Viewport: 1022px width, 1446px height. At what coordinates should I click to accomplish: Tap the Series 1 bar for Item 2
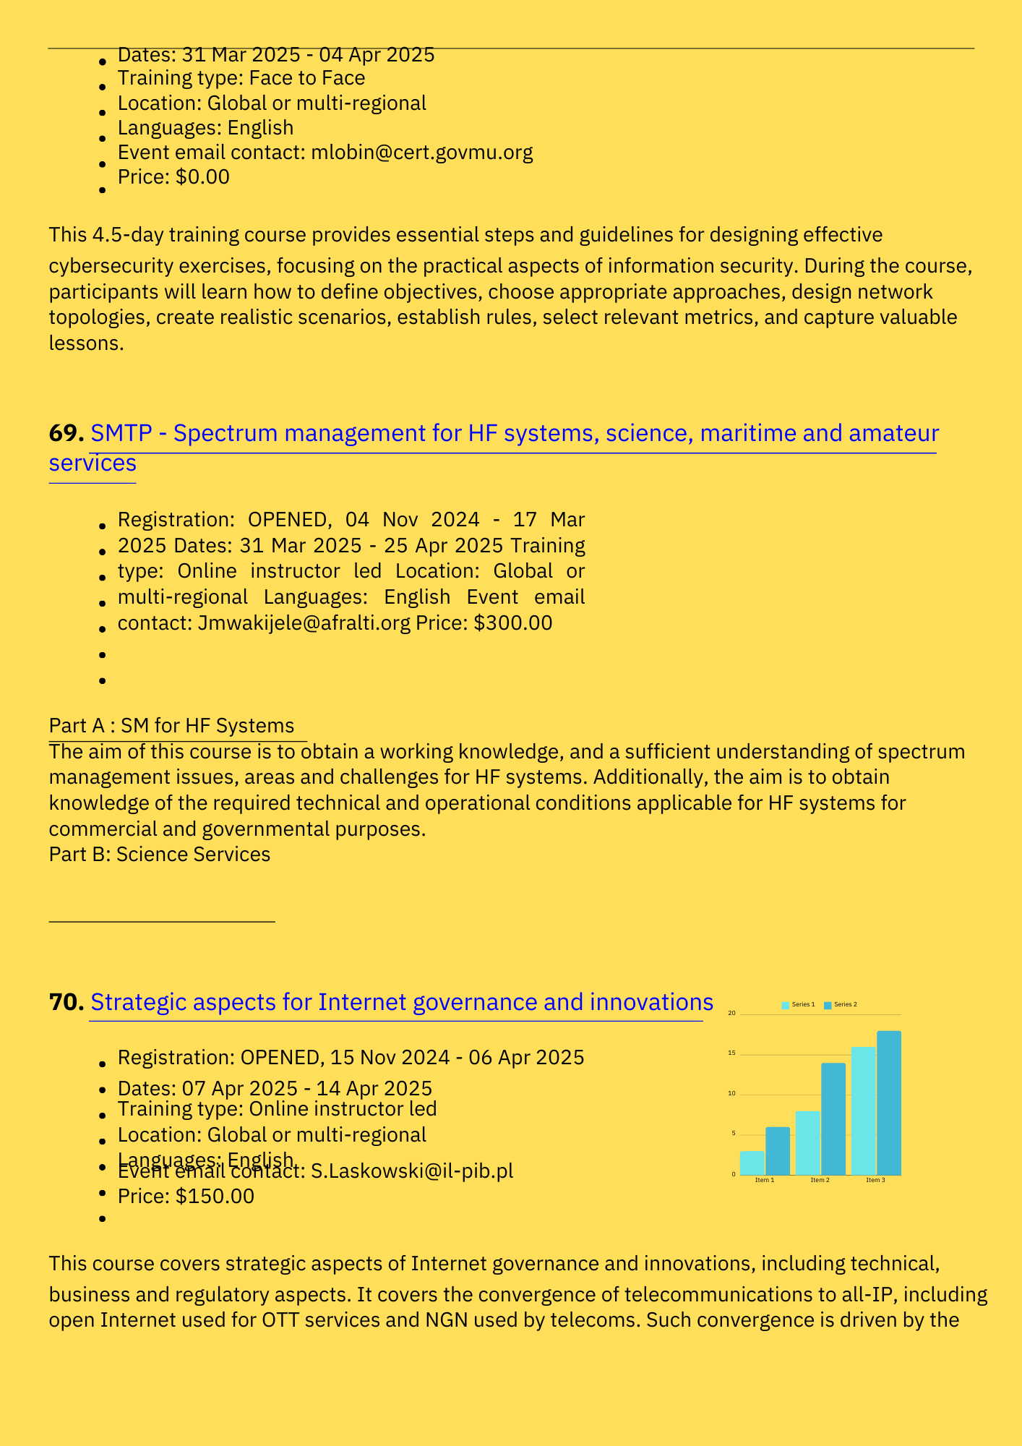(x=807, y=1142)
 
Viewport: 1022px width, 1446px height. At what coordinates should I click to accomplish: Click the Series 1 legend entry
(x=799, y=1005)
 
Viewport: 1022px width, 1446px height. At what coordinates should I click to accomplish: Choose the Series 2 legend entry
(x=841, y=1005)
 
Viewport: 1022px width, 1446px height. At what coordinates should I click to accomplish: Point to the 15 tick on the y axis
(x=731, y=1053)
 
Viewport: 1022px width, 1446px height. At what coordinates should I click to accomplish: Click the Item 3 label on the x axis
(x=875, y=1180)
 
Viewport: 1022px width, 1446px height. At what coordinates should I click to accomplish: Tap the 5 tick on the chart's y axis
(x=733, y=1134)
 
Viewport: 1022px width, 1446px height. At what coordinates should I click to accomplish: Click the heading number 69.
(x=66, y=434)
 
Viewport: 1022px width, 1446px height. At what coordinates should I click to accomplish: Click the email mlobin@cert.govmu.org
(x=422, y=153)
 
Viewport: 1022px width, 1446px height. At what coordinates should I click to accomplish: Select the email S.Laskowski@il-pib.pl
(x=412, y=1171)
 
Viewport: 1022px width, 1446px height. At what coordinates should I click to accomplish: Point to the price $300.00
(x=513, y=623)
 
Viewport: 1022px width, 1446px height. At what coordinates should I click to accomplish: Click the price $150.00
(x=215, y=1196)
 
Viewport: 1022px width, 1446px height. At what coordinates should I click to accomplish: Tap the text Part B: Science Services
(x=160, y=855)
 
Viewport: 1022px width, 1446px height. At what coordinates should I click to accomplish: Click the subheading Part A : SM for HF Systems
(x=171, y=725)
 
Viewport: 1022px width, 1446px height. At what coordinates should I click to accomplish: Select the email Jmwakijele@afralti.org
(x=304, y=623)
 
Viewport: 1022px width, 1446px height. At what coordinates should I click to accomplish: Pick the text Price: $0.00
(x=173, y=177)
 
